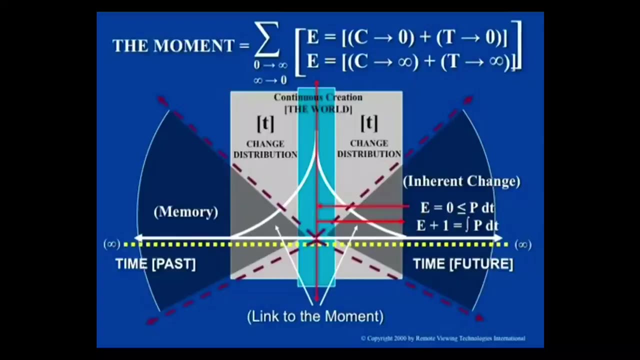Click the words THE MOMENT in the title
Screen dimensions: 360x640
(173, 46)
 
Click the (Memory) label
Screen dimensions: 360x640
(186, 211)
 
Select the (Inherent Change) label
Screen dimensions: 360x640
(461, 181)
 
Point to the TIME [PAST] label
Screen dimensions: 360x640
(155, 264)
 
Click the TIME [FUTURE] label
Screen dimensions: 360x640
(463, 264)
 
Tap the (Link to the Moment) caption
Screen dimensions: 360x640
(315, 316)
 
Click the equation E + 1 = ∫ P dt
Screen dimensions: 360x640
(457, 225)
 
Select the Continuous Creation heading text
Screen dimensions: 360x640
(318, 97)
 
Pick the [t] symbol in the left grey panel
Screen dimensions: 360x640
(265, 123)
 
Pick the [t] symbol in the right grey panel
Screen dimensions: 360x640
(369, 123)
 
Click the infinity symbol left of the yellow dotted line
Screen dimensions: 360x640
(111, 244)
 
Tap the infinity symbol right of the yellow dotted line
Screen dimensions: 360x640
(522, 244)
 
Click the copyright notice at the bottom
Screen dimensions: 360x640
(442, 338)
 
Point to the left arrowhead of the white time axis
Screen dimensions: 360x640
(137, 238)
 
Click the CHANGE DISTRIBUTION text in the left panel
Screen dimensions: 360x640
(265, 149)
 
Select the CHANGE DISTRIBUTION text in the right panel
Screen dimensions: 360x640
(369, 148)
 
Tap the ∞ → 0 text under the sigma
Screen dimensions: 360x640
(270, 80)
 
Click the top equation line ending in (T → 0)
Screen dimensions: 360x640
(407, 38)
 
